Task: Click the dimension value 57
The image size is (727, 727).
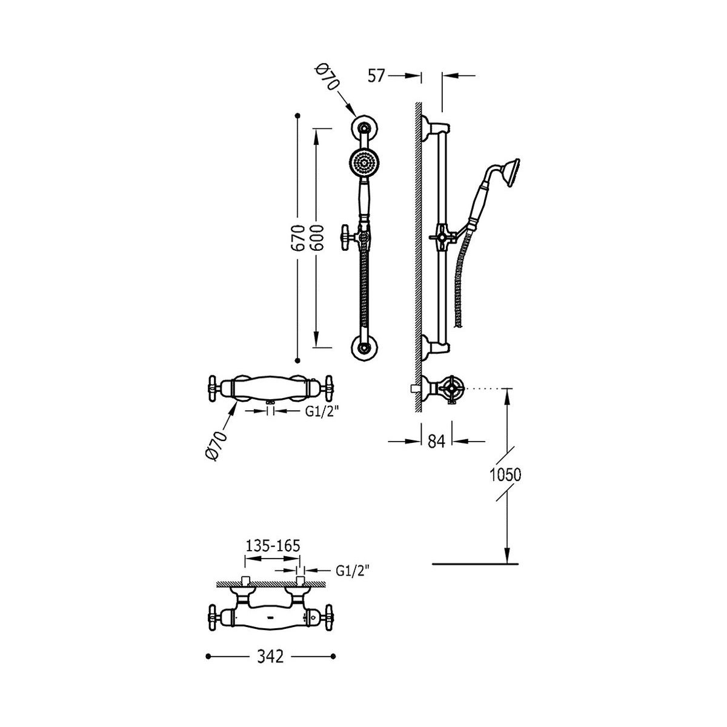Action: [376, 76]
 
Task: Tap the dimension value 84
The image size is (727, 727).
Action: [436, 441]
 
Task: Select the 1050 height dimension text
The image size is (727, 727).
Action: [505, 475]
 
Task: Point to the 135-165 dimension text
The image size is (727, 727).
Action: [273, 546]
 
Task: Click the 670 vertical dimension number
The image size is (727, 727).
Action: [298, 238]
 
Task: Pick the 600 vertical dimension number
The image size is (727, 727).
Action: [316, 238]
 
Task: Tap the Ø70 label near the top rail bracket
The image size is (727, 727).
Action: [327, 78]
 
